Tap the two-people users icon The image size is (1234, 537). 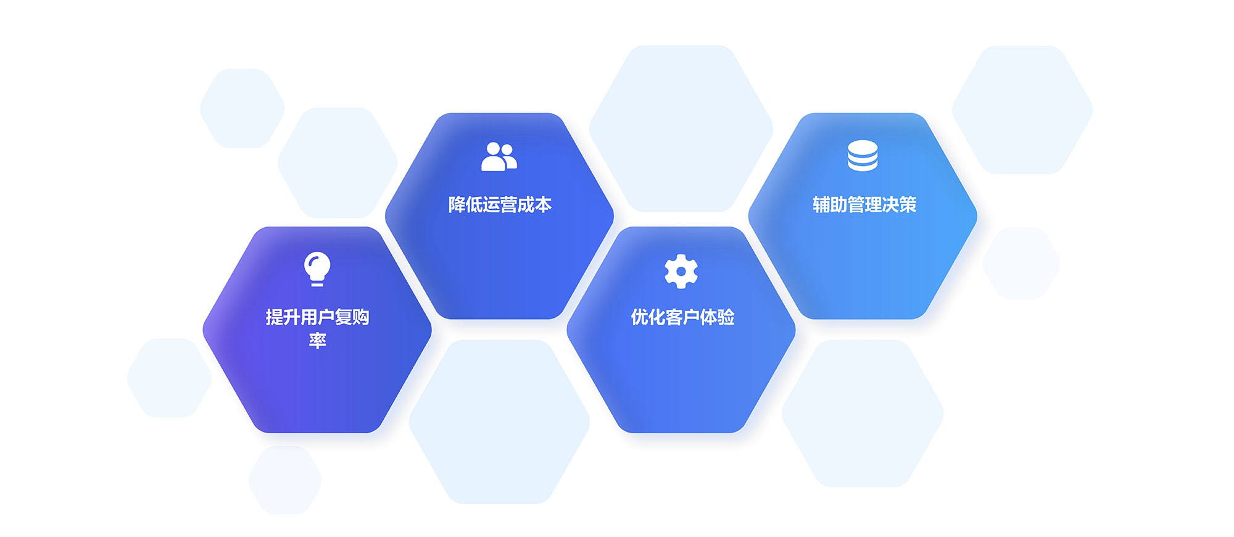[x=499, y=156]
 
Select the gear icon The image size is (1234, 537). [x=681, y=271]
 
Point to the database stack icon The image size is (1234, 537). [x=863, y=156]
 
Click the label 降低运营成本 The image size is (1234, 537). [x=500, y=204]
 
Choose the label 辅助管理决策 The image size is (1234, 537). [x=864, y=204]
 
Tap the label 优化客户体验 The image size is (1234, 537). [x=682, y=317]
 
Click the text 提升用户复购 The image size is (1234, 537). [x=317, y=317]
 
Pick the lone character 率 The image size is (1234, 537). [x=317, y=341]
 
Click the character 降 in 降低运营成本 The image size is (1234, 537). [x=457, y=204]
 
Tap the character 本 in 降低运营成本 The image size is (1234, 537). [x=543, y=204]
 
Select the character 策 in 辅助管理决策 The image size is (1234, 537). [x=908, y=204]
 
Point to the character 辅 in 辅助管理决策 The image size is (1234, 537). [x=821, y=204]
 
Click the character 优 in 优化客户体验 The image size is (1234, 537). [x=639, y=317]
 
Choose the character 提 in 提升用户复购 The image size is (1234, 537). [x=275, y=317]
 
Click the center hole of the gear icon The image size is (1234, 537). [x=681, y=271]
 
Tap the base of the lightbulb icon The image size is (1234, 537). [x=317, y=283]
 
